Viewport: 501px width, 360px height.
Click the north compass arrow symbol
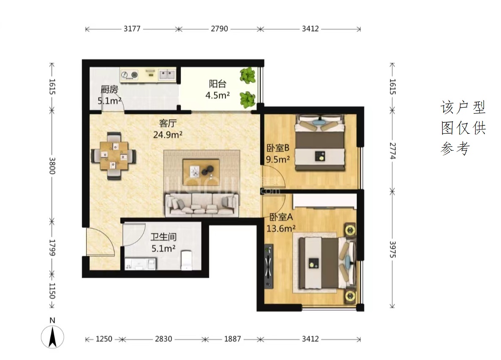(52, 337)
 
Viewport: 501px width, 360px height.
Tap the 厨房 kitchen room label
(109, 89)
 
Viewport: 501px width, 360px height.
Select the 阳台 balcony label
(218, 84)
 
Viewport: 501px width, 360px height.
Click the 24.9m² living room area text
(168, 135)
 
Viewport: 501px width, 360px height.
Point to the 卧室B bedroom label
(278, 148)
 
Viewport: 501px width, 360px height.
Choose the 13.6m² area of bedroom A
(281, 228)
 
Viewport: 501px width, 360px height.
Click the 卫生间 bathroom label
(163, 237)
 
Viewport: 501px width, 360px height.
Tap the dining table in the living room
(114, 156)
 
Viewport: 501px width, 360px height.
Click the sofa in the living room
(202, 205)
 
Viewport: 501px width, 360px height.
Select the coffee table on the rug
(201, 171)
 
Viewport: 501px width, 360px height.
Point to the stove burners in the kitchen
(129, 75)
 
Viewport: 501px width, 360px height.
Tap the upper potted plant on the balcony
(248, 75)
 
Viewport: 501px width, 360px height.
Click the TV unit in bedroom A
(269, 266)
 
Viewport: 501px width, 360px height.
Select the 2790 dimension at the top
(220, 29)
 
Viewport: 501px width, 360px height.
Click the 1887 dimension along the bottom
(233, 339)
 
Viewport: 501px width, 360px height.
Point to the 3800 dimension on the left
(52, 166)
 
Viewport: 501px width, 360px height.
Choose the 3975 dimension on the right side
(393, 249)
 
